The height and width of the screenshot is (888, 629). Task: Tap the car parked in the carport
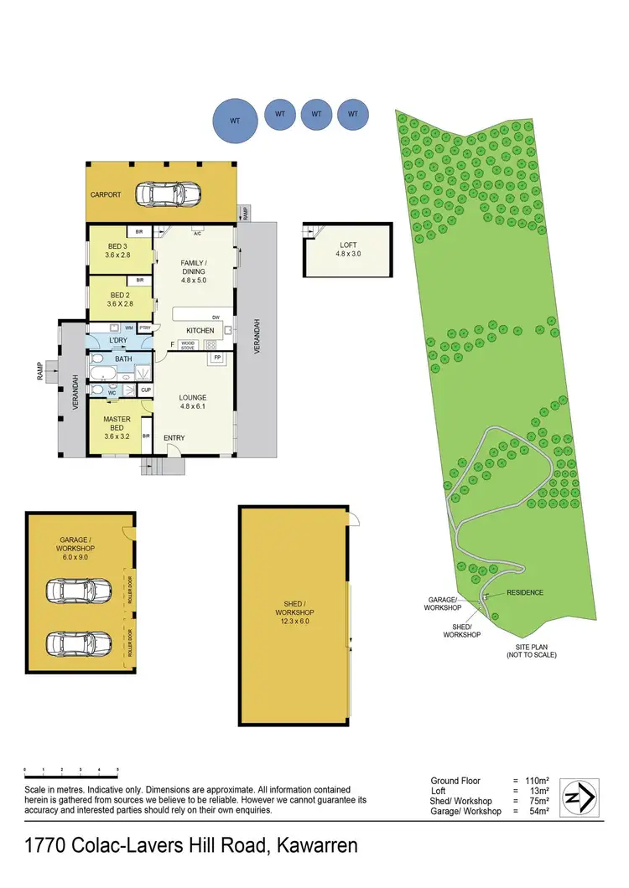pyautogui.click(x=170, y=194)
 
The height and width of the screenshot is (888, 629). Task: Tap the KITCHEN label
pyautogui.click(x=200, y=330)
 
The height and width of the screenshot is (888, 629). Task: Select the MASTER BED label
pyautogui.click(x=117, y=424)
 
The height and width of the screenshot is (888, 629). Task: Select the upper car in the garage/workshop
pyautogui.click(x=79, y=591)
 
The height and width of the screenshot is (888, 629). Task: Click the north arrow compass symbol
pyautogui.click(x=580, y=793)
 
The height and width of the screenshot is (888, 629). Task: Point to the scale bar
pyautogui.click(x=71, y=768)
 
